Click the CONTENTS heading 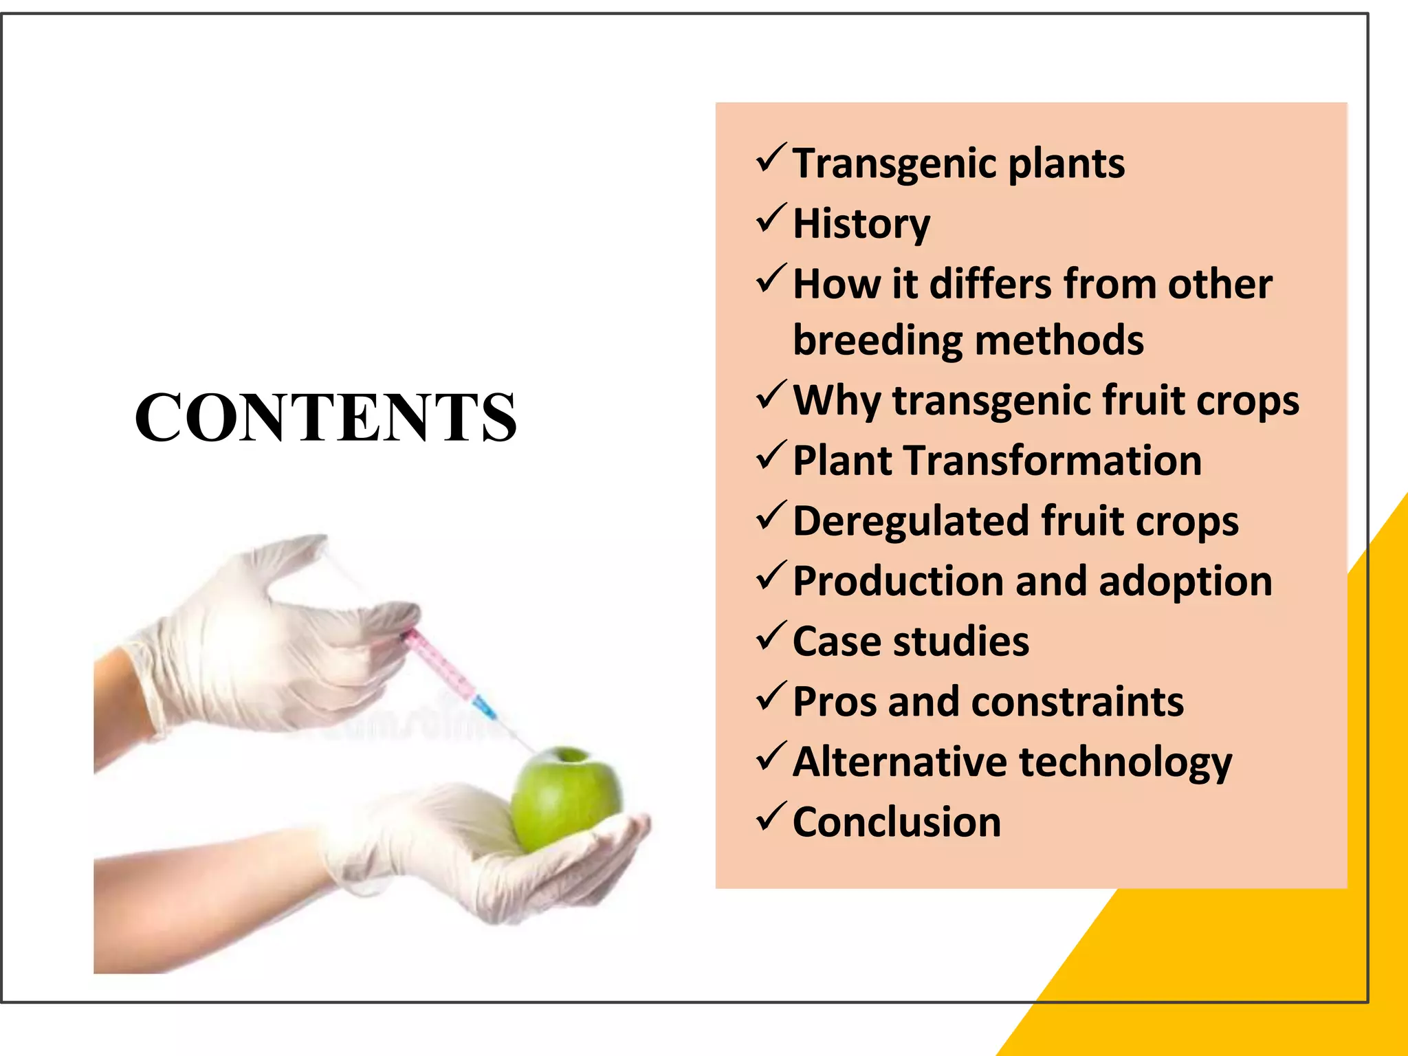pos(325,417)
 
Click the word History pos(861,224)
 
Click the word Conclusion pos(896,822)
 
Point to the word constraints pos(1077,702)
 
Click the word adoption pos(1185,582)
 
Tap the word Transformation pos(1052,461)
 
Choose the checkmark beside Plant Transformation pos(771,456)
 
